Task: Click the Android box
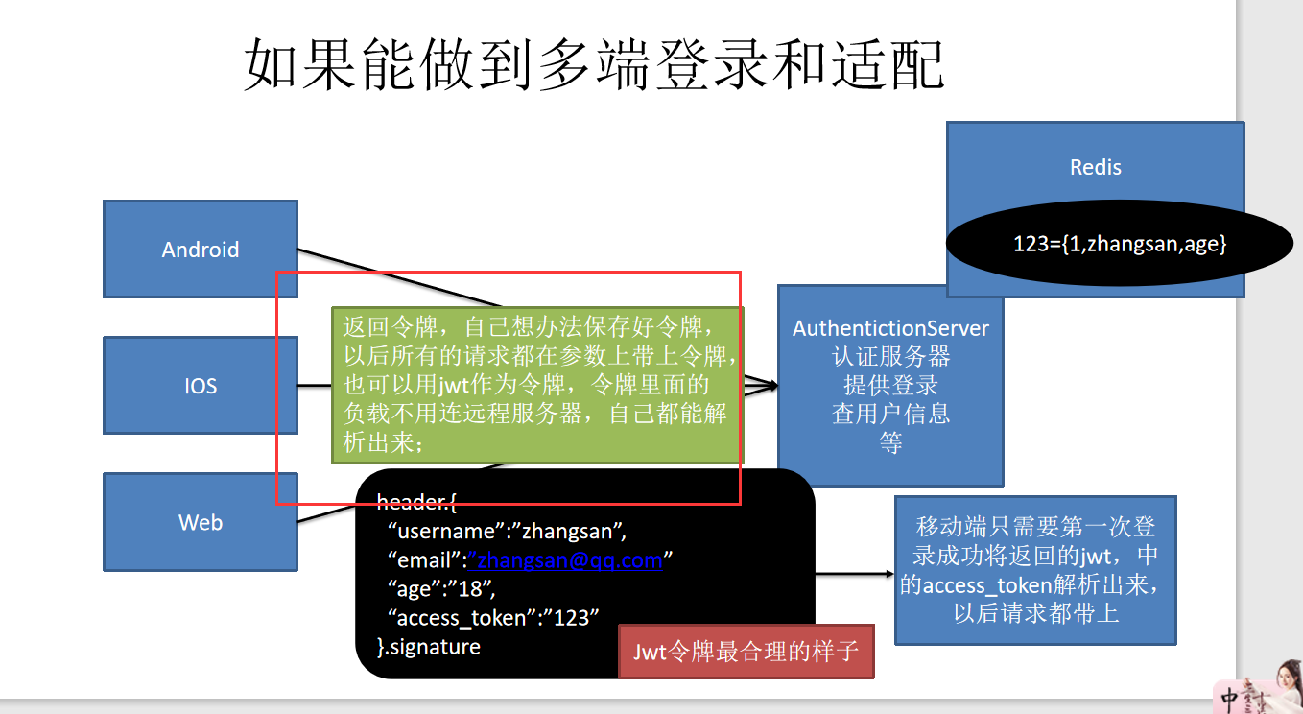tap(200, 249)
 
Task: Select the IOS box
tap(200, 385)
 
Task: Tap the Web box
tap(200, 522)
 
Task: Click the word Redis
tap(1095, 167)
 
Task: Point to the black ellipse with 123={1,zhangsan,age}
tap(1119, 244)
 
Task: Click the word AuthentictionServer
tap(890, 328)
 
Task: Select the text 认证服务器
tap(890, 357)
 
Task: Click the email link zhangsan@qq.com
tap(565, 559)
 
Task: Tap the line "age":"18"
tap(440, 588)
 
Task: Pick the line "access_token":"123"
tap(493, 617)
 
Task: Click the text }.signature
tap(429, 646)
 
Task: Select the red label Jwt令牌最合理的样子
tap(746, 651)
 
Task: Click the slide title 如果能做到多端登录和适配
tap(595, 65)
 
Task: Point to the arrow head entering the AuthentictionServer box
tap(769, 386)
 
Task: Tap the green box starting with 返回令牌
tap(537, 385)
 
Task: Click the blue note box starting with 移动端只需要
tap(1035, 570)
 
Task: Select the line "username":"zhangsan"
tap(506, 531)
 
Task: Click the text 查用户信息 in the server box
tap(890, 415)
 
